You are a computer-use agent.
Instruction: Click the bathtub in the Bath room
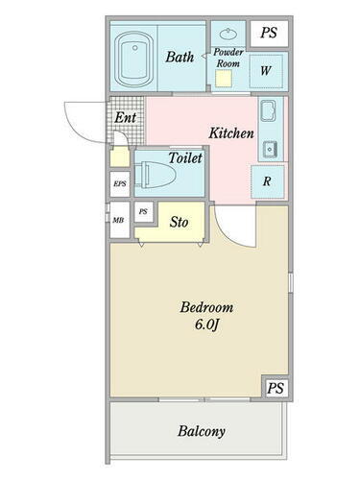click(x=133, y=60)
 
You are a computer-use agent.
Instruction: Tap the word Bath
click(x=180, y=58)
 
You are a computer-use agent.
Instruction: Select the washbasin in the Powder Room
click(x=228, y=33)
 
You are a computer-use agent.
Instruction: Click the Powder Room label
click(x=228, y=58)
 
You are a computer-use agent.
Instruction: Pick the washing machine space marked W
click(x=266, y=71)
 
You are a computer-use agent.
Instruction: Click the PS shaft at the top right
click(x=269, y=33)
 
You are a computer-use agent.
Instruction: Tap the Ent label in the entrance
click(x=126, y=117)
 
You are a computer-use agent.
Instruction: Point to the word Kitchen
click(x=231, y=133)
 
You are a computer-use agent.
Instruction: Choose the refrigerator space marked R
click(x=267, y=181)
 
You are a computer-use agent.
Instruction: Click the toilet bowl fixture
click(x=156, y=175)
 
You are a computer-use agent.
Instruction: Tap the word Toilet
click(x=185, y=158)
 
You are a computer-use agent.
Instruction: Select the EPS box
click(x=120, y=184)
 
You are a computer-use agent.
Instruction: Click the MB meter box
click(x=120, y=220)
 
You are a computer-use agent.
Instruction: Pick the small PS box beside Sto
click(x=143, y=212)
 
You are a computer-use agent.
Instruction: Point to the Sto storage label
click(x=179, y=222)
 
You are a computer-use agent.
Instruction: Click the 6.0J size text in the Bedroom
click(x=206, y=324)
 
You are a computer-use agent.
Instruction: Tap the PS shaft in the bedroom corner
click(x=276, y=388)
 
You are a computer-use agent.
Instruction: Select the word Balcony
click(x=202, y=431)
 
